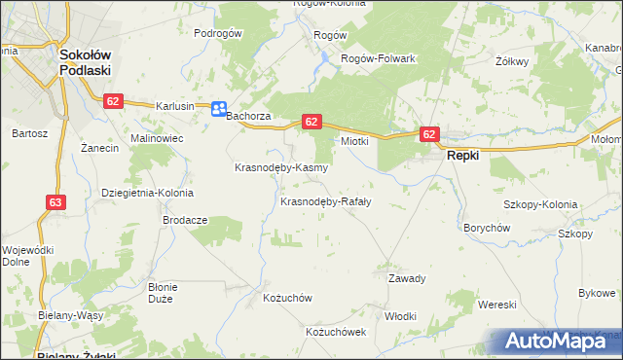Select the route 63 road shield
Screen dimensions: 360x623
pos(55,202)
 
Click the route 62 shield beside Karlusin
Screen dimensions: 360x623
pos(114,101)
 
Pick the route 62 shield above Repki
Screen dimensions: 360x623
pos(430,133)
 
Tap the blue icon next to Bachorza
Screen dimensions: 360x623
pos(219,109)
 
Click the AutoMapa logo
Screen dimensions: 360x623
pos(562,342)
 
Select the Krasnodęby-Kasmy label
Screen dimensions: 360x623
pos(280,167)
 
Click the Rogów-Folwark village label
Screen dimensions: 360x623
pos(378,58)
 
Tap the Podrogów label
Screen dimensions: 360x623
pos(217,33)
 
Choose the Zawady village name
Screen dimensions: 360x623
pos(408,278)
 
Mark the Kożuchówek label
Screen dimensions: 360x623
pos(336,332)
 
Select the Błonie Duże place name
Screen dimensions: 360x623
pos(162,293)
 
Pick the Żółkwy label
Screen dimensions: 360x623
pos(511,61)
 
